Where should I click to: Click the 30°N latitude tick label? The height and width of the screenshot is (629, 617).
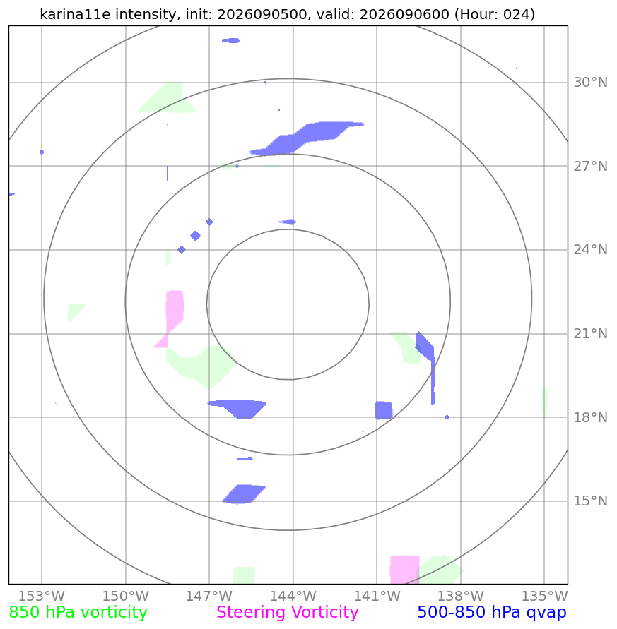point(590,82)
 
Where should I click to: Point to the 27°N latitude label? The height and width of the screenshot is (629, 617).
point(590,166)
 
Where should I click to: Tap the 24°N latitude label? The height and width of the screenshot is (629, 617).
point(590,250)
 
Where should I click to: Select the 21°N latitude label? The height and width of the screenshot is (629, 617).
point(590,334)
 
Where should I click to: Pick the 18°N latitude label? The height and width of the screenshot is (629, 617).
point(590,418)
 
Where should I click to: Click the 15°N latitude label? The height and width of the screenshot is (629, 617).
point(590,501)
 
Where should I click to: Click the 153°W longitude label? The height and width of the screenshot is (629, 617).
point(42,596)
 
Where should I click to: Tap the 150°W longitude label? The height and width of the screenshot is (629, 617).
point(125,596)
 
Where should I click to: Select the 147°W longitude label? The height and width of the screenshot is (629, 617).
point(209,596)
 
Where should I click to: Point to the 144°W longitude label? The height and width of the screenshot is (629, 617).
point(293,596)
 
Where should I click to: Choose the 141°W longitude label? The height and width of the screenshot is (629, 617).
point(377,596)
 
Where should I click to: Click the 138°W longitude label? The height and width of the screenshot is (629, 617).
point(460,596)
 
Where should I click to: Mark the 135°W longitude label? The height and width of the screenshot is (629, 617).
point(544,596)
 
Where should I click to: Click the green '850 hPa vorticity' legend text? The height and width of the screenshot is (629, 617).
point(78,613)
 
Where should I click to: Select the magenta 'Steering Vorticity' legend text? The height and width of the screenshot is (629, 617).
point(287,613)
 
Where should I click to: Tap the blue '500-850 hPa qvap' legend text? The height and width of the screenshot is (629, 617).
point(492,613)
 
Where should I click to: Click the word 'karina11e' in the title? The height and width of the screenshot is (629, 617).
point(75,14)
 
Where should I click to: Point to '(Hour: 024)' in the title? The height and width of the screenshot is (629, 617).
point(495,14)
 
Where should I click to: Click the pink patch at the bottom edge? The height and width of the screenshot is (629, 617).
point(405,570)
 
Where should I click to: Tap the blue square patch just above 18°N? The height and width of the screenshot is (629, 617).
point(384,410)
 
